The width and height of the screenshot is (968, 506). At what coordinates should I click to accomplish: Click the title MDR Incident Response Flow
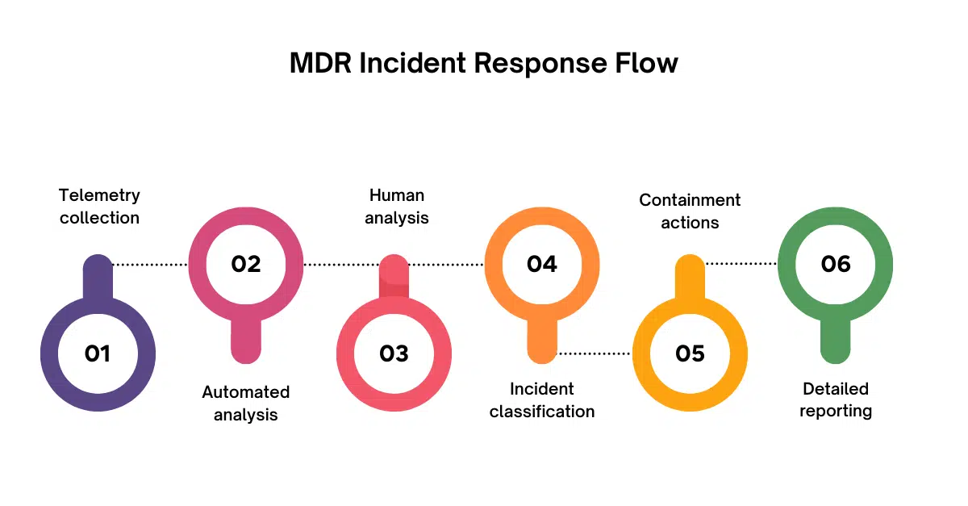pyautogui.click(x=484, y=63)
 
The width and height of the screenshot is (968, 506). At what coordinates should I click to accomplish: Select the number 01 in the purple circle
pyautogui.click(x=98, y=353)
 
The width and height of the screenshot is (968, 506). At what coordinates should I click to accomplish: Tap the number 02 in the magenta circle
pyautogui.click(x=246, y=264)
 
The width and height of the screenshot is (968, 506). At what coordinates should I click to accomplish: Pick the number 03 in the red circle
pyautogui.click(x=394, y=353)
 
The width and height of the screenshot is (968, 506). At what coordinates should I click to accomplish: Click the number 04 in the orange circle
pyautogui.click(x=542, y=264)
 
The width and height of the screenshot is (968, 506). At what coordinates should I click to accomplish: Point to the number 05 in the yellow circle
pyautogui.click(x=690, y=353)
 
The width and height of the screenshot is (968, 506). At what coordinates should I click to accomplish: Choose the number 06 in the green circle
pyautogui.click(x=836, y=264)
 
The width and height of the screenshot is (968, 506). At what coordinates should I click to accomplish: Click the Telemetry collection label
pyautogui.click(x=99, y=207)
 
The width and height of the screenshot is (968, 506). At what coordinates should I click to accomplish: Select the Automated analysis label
pyautogui.click(x=245, y=403)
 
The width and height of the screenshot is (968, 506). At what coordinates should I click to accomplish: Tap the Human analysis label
pyautogui.click(x=396, y=207)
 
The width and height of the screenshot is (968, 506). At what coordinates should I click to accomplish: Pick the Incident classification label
pyautogui.click(x=542, y=400)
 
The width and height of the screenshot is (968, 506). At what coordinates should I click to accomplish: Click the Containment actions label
pyautogui.click(x=690, y=211)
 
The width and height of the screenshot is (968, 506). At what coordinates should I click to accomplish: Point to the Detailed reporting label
pyautogui.click(x=836, y=399)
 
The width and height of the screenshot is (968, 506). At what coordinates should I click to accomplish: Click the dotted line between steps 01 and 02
pyautogui.click(x=151, y=264)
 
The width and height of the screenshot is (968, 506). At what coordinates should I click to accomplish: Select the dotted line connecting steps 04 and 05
pyautogui.click(x=595, y=353)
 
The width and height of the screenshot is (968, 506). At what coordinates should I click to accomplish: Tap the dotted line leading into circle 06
pyautogui.click(x=741, y=264)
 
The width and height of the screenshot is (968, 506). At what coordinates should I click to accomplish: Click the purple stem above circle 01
pyautogui.click(x=98, y=278)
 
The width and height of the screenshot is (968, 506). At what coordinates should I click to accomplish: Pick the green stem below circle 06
pyautogui.click(x=836, y=339)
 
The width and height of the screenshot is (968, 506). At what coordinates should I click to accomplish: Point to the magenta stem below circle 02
pyautogui.click(x=246, y=339)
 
